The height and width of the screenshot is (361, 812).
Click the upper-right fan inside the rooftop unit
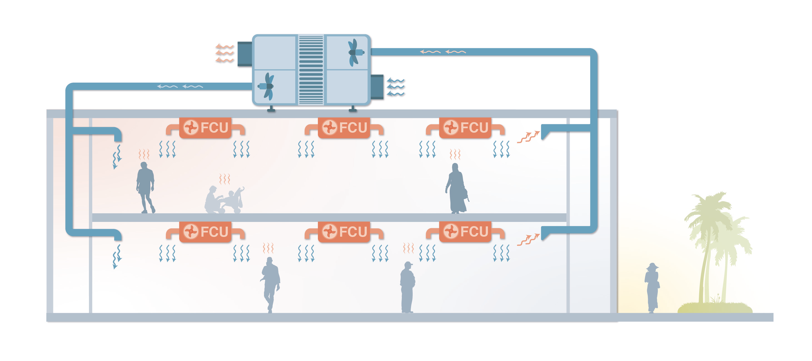point(354,52)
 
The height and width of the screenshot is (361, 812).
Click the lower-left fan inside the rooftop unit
point(268,86)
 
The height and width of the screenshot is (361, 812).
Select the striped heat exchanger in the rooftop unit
point(311,70)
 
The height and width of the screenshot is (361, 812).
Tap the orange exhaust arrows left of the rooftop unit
point(224,53)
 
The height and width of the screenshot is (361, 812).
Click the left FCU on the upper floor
point(205,127)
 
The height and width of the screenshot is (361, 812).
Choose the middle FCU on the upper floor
point(344,127)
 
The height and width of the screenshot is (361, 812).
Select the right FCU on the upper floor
point(465,127)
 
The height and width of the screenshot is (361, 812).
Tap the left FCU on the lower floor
point(205,232)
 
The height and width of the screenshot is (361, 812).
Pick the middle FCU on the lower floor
point(344,232)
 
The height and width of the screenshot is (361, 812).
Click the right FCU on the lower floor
point(465,232)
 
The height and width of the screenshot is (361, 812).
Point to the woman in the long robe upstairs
point(456,189)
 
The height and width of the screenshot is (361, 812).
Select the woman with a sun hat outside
point(652,287)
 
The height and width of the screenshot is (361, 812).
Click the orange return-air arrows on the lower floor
point(528,240)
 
